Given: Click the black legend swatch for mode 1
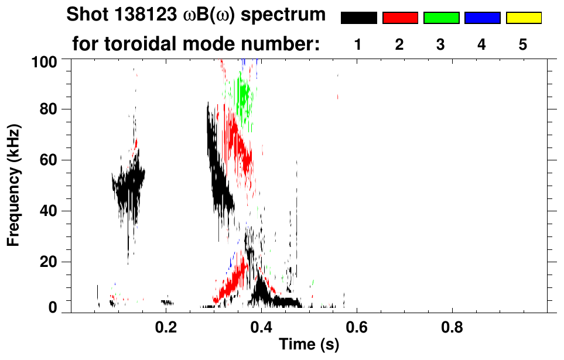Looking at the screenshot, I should point(359,18).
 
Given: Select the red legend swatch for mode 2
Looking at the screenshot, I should point(400,18).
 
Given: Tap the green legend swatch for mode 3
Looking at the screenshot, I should point(441,18).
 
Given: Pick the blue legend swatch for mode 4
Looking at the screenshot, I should point(482,18).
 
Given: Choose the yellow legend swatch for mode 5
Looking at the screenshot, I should point(523,18).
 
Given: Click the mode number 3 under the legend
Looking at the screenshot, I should point(441,44).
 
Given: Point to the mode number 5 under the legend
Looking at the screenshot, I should point(523,44).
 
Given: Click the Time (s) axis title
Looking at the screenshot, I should point(309,345).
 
